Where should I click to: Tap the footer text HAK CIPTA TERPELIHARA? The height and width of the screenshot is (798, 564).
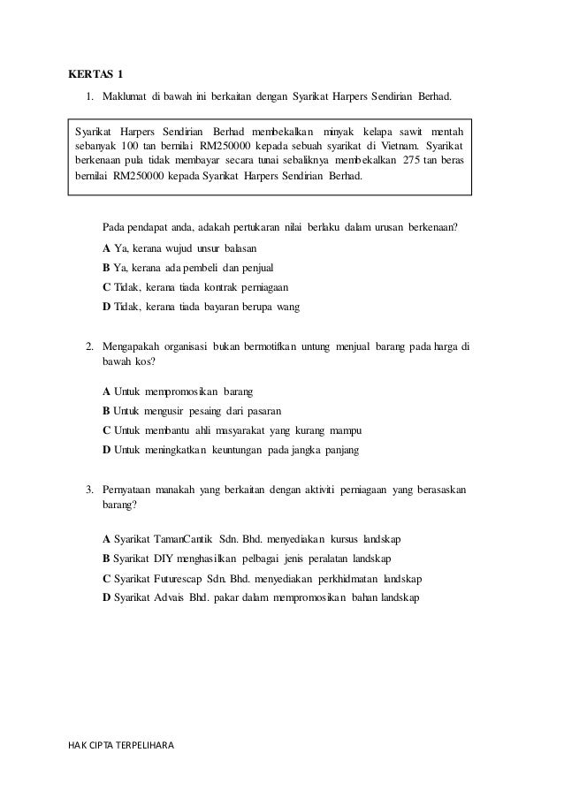(x=121, y=746)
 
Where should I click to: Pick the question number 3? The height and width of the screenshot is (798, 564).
(x=89, y=489)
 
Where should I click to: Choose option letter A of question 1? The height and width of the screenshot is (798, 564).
(x=107, y=247)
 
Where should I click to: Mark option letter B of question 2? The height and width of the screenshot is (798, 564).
(x=107, y=410)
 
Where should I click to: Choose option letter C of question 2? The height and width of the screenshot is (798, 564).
(x=107, y=430)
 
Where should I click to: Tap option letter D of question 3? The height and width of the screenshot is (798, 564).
(x=107, y=597)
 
